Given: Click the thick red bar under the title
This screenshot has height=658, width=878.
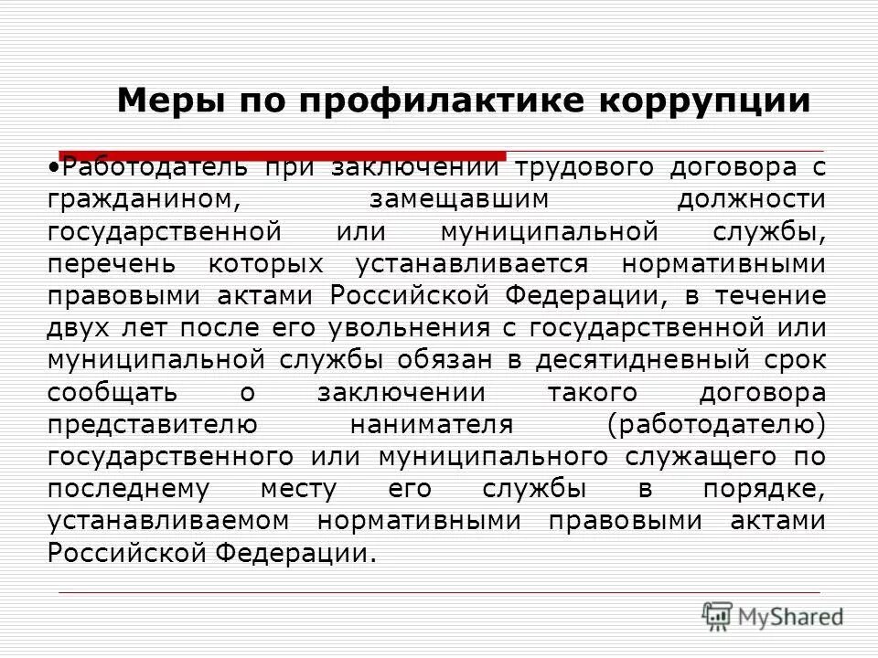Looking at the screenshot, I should pos(283,154).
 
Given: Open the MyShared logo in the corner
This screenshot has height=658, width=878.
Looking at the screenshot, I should pos(774,615).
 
